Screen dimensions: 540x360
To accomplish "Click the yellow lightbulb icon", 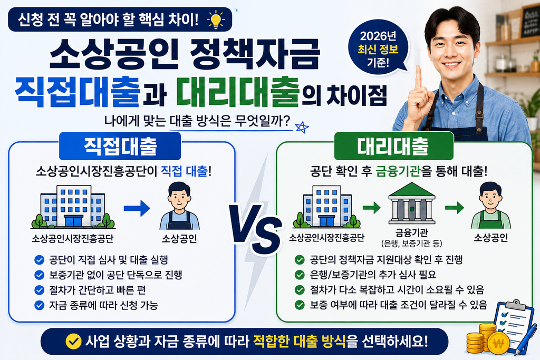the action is (216, 20).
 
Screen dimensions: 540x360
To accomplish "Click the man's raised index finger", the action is (418, 77).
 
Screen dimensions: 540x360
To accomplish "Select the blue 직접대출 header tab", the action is (120, 146).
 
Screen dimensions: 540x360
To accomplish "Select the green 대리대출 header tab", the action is (393, 146).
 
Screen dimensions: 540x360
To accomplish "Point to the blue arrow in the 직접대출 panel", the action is (137, 208).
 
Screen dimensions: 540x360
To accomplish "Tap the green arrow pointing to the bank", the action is (371, 208).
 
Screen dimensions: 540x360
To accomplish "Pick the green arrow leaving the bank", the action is (454, 208).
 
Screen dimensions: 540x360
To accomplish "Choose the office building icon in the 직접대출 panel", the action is (73, 207).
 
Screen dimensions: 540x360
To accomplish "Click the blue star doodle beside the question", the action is (302, 128).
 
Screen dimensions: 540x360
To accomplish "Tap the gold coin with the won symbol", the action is (498, 344).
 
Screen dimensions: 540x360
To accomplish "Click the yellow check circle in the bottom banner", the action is (73, 342).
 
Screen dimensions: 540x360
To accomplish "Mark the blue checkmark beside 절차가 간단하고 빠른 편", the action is (39, 290).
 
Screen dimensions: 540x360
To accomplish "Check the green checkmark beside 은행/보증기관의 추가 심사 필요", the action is (300, 275).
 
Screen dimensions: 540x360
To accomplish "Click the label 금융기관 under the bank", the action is (411, 232).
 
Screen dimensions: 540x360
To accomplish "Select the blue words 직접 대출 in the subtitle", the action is (185, 171).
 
